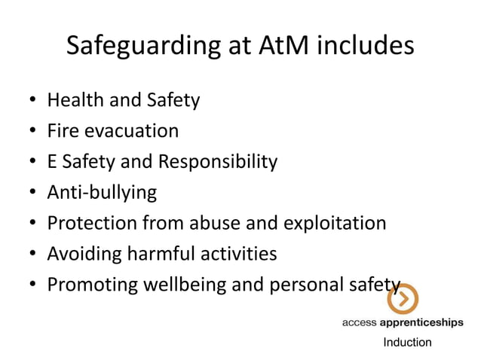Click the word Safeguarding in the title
pos(141,47)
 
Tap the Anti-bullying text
pos(102,193)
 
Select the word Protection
pos(93,224)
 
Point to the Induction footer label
pos(407,343)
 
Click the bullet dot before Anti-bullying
pos(32,194)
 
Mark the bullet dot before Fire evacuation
pos(32,132)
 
